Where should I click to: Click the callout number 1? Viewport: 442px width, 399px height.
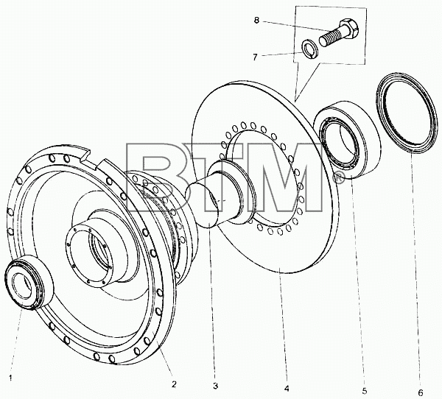tap(11, 378)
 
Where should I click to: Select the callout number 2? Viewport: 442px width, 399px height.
tap(174, 384)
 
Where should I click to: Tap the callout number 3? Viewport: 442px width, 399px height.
tap(215, 386)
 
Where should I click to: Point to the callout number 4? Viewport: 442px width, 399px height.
tap(287, 389)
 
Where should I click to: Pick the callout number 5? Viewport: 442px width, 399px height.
tap(365, 391)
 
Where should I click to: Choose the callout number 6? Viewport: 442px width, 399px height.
tap(421, 392)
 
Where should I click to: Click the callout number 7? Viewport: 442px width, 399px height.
tap(255, 57)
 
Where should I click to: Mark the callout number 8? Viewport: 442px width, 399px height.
tap(256, 21)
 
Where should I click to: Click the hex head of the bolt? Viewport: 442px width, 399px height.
tap(348, 29)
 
